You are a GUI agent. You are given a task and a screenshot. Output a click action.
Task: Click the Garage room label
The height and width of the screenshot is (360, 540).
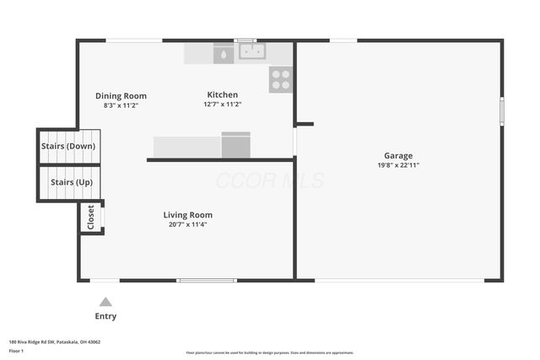[x=398, y=155]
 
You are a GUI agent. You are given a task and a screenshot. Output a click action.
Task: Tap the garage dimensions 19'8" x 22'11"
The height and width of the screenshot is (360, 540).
[x=398, y=165]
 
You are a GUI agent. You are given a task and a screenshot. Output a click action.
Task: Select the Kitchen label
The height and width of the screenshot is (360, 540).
[x=223, y=94]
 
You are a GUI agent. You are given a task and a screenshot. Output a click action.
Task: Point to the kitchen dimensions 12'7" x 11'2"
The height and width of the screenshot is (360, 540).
[x=223, y=105]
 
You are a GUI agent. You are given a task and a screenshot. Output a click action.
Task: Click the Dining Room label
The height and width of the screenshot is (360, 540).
[x=121, y=96]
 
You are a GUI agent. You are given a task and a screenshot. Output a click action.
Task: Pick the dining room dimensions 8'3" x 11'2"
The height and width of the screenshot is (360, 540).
[x=121, y=105]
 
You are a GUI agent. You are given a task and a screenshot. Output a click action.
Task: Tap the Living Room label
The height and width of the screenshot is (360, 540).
[x=187, y=215]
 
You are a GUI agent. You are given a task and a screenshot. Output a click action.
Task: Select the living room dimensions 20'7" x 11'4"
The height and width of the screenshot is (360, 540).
[x=187, y=224]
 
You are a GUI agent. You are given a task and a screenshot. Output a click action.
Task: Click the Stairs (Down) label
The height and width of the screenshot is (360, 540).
[x=68, y=147]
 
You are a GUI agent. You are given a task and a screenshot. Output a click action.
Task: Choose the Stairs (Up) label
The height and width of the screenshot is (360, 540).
[x=71, y=182]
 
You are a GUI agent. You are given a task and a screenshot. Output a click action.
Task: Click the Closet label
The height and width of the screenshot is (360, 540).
[x=91, y=218]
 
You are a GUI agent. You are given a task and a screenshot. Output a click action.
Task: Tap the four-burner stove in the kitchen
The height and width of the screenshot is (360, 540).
[x=280, y=80]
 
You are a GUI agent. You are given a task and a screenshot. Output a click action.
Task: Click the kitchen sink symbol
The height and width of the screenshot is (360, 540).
[x=251, y=52]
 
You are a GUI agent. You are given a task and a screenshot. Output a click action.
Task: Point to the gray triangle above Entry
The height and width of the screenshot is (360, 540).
[x=105, y=302]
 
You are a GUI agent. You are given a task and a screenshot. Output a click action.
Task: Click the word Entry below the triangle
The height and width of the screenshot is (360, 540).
[x=105, y=316]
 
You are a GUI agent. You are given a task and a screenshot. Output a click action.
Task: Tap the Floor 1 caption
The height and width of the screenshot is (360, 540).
[x=16, y=350]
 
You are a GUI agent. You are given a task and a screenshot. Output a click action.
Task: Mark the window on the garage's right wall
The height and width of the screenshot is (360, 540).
[x=501, y=111]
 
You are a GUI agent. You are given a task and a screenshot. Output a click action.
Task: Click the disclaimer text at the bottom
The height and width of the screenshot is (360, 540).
[x=270, y=352]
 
